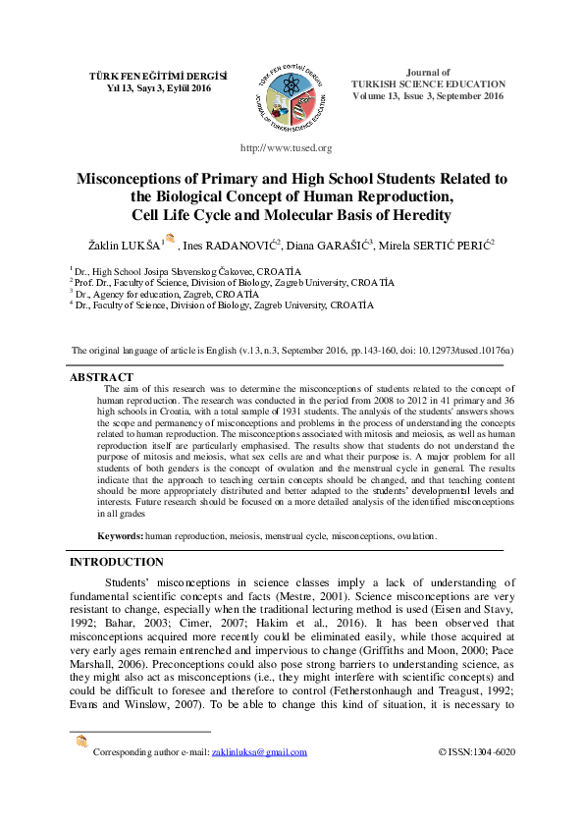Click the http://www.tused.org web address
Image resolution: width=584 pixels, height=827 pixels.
tap(287, 148)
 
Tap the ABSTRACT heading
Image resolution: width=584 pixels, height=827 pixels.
tap(101, 377)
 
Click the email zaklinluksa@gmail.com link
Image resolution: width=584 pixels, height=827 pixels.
tap(259, 752)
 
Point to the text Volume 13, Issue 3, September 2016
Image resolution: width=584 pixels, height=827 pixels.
tap(428, 96)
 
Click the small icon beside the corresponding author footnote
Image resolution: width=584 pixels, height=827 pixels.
tap(81, 742)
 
